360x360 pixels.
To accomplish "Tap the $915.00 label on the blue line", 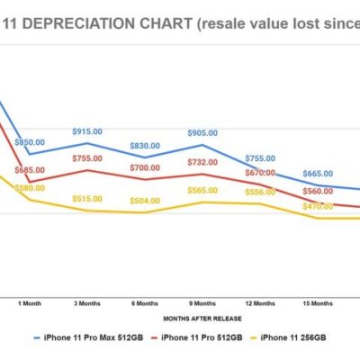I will pyautogui.click(x=87, y=131).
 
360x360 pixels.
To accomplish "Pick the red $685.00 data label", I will pyautogui.click(x=30, y=170).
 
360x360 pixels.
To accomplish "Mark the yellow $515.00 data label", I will pyautogui.click(x=87, y=198).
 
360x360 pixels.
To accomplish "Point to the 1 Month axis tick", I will pyautogui.click(x=30, y=303).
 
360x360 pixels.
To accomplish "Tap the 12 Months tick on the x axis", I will pyautogui.click(x=259, y=303).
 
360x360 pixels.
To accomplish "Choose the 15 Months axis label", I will pyautogui.click(x=316, y=303).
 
